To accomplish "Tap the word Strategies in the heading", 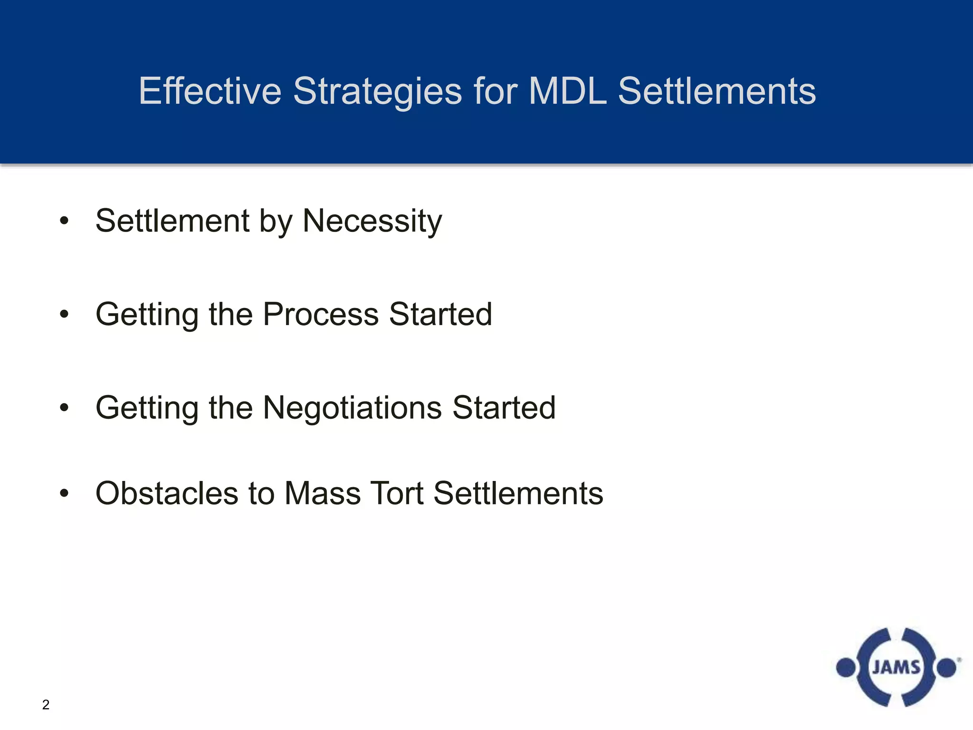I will pyautogui.click(x=377, y=91).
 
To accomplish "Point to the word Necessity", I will pyautogui.click(x=372, y=221).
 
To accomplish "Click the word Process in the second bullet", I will pyautogui.click(x=321, y=314).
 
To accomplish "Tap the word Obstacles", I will pyautogui.click(x=167, y=493).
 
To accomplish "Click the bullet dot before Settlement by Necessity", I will pyautogui.click(x=64, y=221).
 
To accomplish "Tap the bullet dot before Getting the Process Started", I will pyautogui.click(x=64, y=314).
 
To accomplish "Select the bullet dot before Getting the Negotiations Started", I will pyautogui.click(x=64, y=407).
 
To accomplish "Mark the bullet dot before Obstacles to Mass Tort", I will pyautogui.click(x=64, y=493).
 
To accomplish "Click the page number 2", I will pyautogui.click(x=46, y=704).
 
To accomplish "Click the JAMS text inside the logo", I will pyautogui.click(x=896, y=667).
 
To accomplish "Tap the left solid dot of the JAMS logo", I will pyautogui.click(x=846, y=668).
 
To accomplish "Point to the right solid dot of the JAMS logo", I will pyautogui.click(x=946, y=668).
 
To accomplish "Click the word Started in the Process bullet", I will pyautogui.click(x=440, y=314).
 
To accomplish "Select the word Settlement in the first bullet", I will pyautogui.click(x=172, y=221).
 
